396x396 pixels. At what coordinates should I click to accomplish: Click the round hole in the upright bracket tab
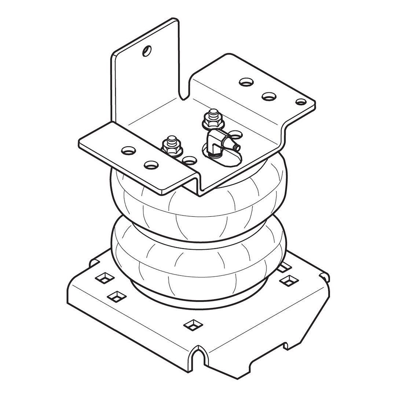click(x=147, y=50)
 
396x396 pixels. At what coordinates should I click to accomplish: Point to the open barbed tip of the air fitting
click(x=238, y=147)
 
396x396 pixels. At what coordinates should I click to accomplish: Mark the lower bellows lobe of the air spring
click(x=198, y=264)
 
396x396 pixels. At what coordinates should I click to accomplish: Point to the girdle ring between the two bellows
click(x=198, y=235)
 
